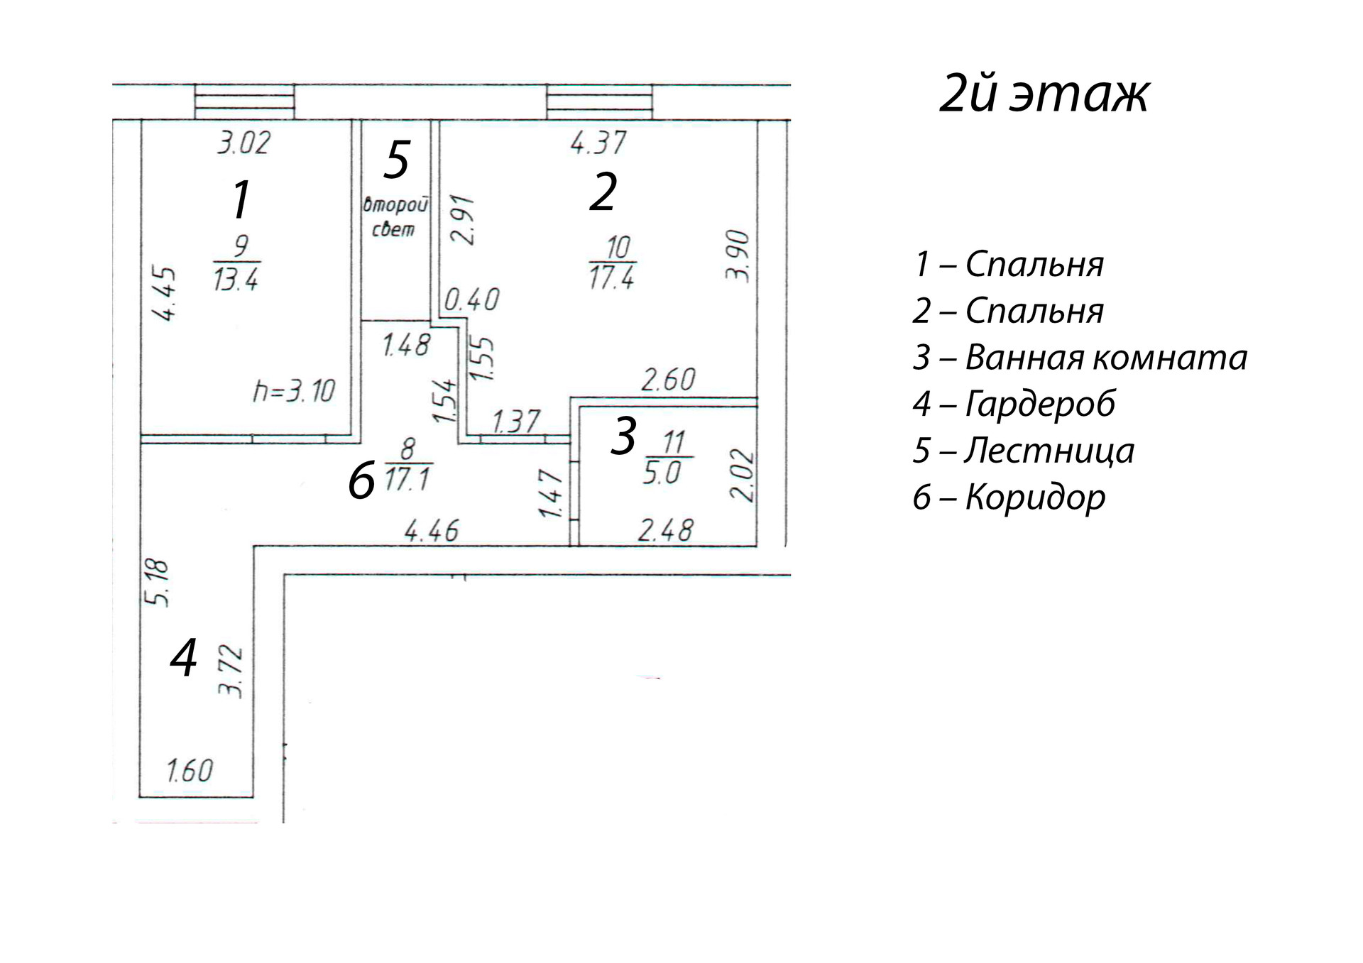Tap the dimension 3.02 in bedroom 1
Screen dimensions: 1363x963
click(x=243, y=143)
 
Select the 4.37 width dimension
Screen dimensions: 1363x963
click(x=598, y=143)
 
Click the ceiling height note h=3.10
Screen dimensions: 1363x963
click(x=294, y=391)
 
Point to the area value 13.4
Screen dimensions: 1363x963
click(x=236, y=280)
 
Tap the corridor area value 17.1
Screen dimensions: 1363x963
click(x=407, y=480)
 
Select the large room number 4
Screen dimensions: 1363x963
click(x=183, y=658)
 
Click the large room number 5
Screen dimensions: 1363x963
click(x=396, y=160)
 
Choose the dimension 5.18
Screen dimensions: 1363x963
click(x=157, y=583)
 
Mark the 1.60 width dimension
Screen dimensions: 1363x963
click(x=190, y=771)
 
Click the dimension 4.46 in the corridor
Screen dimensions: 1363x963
click(x=431, y=530)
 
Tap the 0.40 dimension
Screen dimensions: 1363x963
click(x=471, y=299)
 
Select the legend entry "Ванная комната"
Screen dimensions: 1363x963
click(x=1105, y=358)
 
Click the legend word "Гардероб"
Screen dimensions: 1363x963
click(x=1040, y=404)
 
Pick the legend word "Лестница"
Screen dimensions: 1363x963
click(x=1049, y=451)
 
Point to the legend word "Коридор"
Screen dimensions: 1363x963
click(x=1035, y=497)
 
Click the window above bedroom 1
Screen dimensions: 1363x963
click(x=245, y=102)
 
